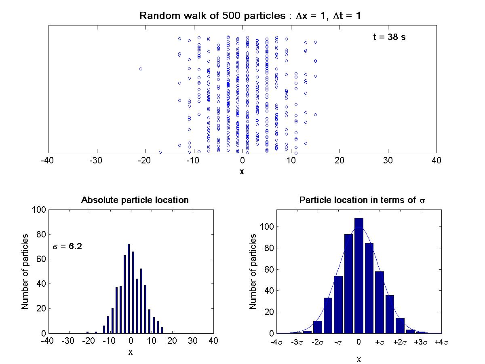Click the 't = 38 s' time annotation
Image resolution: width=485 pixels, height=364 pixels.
coord(389,37)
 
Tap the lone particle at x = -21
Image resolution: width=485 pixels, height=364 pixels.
coord(141,69)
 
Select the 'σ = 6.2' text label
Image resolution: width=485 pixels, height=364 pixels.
coord(67,246)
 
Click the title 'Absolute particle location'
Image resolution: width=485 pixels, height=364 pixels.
coord(135,200)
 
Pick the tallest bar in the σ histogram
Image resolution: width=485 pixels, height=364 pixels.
coord(359,275)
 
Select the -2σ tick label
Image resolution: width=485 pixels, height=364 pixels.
coord(317,342)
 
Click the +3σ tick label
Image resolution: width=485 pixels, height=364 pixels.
coord(420,342)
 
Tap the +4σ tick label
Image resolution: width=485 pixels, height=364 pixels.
coord(441,342)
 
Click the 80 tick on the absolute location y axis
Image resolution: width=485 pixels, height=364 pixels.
coord(40,234)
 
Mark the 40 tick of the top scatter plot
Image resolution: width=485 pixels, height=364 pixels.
coord(436,160)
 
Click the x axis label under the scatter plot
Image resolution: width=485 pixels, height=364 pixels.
coord(242,171)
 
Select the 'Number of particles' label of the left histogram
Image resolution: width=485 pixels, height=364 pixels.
coord(25,271)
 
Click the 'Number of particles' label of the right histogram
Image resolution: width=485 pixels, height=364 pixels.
coord(253,271)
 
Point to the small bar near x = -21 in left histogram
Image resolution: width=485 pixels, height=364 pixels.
coord(88,332)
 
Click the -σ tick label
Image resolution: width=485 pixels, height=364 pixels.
coord(338,342)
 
